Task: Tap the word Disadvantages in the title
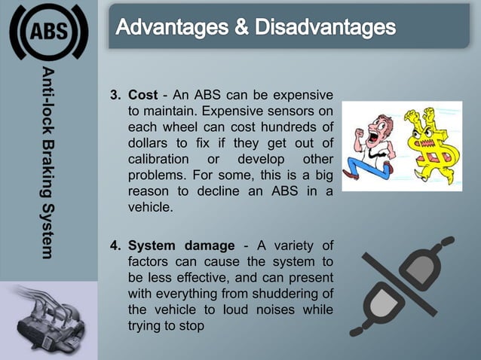[326, 29]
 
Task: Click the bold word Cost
[143, 96]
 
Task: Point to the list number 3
[115, 96]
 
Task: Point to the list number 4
[115, 246]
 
